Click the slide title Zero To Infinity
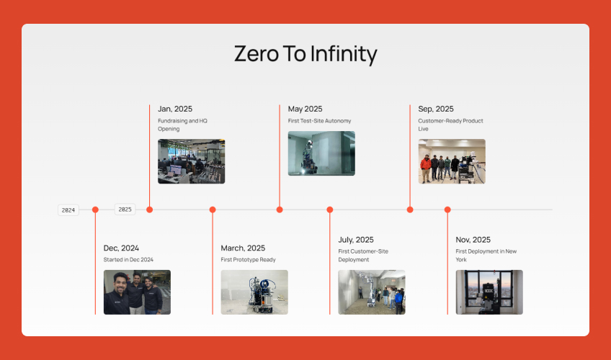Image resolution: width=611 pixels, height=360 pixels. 305,54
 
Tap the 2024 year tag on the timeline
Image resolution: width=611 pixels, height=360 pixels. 68,210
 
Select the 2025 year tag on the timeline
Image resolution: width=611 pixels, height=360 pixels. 125,210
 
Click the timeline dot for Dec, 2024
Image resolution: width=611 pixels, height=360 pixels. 95,210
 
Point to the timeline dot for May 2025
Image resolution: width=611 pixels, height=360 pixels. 280,210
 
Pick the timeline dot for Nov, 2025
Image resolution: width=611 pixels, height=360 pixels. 447,210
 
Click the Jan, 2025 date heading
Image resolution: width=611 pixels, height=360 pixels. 175,109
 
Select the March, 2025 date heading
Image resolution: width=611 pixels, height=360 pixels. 243,248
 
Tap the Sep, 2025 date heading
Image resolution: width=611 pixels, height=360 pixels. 436,109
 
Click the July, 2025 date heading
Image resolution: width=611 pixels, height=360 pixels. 356,240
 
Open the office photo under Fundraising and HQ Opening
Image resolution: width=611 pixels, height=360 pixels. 192,161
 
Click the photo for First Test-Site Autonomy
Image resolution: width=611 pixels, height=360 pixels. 321,153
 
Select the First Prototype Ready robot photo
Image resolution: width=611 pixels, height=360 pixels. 254,292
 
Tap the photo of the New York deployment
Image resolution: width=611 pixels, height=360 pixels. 489,292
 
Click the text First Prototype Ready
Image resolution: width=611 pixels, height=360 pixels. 248,260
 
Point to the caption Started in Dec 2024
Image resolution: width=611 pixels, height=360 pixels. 128,260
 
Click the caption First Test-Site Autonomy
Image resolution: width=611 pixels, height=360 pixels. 319,121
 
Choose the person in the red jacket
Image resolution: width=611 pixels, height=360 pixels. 426,168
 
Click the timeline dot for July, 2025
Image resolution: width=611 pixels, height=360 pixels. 330,210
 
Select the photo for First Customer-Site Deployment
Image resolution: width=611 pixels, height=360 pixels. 372,292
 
